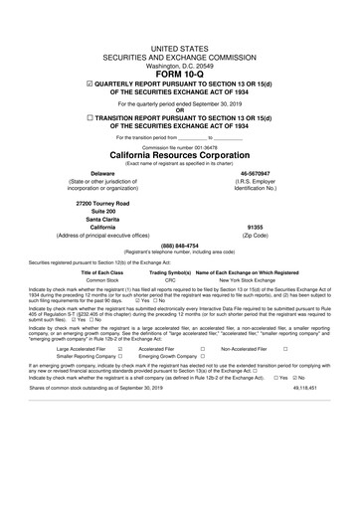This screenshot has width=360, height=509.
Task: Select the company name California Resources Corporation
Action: pos(180,156)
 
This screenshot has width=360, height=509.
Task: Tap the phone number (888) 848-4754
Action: pos(180,246)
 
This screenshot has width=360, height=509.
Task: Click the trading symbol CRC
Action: pos(170,281)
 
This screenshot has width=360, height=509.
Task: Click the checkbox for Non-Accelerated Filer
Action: pos(285,350)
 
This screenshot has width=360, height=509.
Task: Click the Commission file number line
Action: pos(180,147)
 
